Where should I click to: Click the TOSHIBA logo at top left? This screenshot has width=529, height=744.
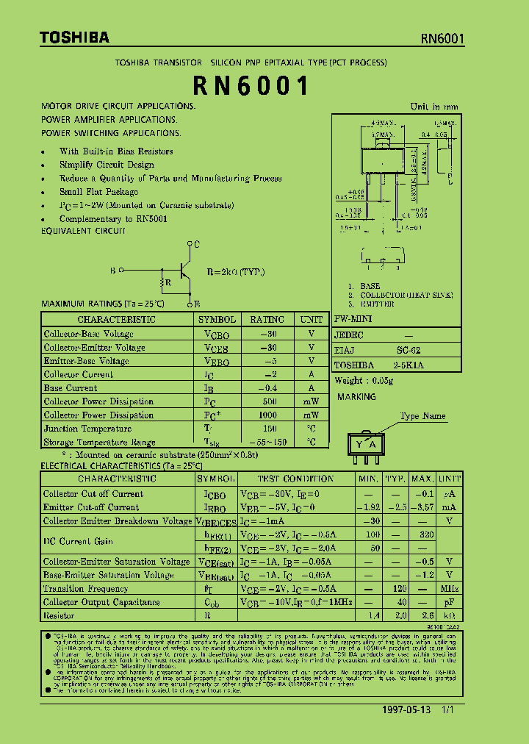(x=64, y=37)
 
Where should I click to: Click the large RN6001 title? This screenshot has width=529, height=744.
(x=251, y=86)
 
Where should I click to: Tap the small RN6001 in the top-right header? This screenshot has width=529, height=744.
(x=442, y=38)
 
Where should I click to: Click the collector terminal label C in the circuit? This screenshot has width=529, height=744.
(x=197, y=243)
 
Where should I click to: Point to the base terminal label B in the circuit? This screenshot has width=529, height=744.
(x=112, y=271)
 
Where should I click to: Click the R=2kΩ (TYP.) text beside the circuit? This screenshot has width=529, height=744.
(x=236, y=272)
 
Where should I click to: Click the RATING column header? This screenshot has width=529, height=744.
(x=267, y=320)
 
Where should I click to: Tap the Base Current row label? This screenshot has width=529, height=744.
(x=71, y=388)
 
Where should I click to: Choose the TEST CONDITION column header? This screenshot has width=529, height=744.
(x=295, y=479)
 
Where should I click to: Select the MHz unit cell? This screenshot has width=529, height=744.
(x=449, y=589)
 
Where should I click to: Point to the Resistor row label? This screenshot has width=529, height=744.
(x=59, y=616)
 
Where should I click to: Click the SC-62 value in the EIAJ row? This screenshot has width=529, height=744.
(x=409, y=351)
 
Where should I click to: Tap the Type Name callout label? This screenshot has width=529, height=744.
(x=422, y=416)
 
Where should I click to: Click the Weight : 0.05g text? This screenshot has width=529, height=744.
(x=364, y=380)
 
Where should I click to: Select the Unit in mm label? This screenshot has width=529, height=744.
(x=434, y=107)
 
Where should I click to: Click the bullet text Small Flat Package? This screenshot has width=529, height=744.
(x=98, y=192)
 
